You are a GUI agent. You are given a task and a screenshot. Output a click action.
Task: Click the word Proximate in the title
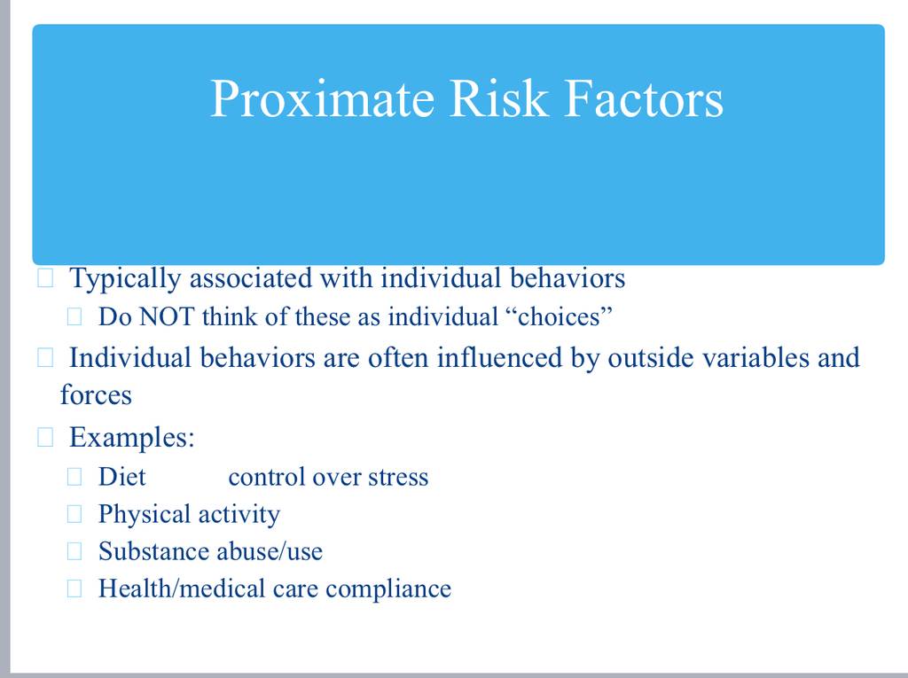point(322,99)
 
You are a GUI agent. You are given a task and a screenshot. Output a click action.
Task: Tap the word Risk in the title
point(498,98)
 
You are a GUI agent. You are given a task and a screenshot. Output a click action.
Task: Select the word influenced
point(499,357)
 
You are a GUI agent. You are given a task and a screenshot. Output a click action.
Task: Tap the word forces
point(96,395)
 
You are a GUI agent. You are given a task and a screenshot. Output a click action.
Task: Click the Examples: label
point(132,437)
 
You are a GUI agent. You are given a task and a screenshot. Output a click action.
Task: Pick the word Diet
point(122,477)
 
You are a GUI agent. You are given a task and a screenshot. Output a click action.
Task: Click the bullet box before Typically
point(45,278)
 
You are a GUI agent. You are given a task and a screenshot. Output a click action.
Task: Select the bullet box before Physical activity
point(74,514)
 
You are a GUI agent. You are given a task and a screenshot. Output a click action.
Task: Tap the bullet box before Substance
point(74,551)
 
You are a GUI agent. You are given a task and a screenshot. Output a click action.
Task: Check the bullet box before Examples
point(45,437)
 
